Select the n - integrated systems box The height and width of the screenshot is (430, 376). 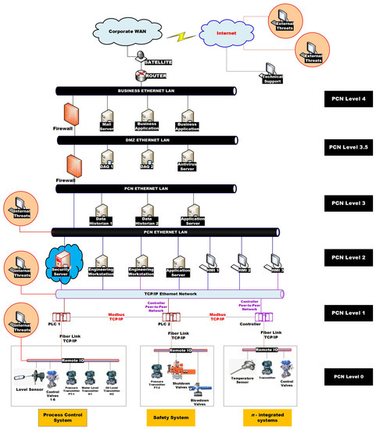pyautogui.click(x=263, y=414)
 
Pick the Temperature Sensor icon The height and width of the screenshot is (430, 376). pyautogui.click(x=240, y=365)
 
